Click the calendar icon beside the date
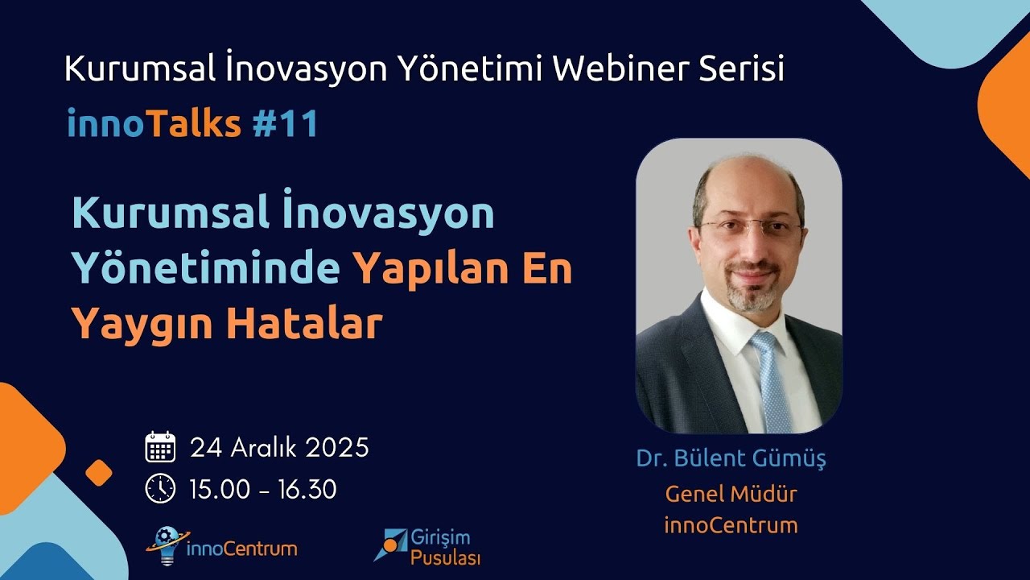pyautogui.click(x=160, y=447)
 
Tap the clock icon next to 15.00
pyautogui.click(x=160, y=488)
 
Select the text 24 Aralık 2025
pyautogui.click(x=279, y=447)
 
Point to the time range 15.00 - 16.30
pyautogui.click(x=263, y=489)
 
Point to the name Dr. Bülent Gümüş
pyautogui.click(x=731, y=459)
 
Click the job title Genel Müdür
pyautogui.click(x=731, y=493)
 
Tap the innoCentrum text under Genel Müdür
pyautogui.click(x=731, y=526)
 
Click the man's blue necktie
pyautogui.click(x=770, y=379)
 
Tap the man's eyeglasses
pyautogui.click(x=750, y=228)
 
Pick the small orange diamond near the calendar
pyautogui.click(x=98, y=473)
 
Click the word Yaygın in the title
pyautogui.click(x=142, y=324)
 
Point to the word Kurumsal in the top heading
pyautogui.click(x=136, y=70)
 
